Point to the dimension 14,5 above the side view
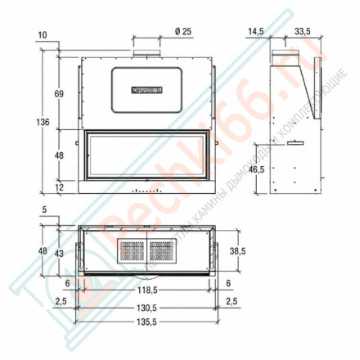coord(255,32)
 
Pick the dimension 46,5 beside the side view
coord(256,169)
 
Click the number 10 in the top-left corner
coord(43,35)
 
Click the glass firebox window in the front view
coord(146,154)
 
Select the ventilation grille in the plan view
coord(146,250)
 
